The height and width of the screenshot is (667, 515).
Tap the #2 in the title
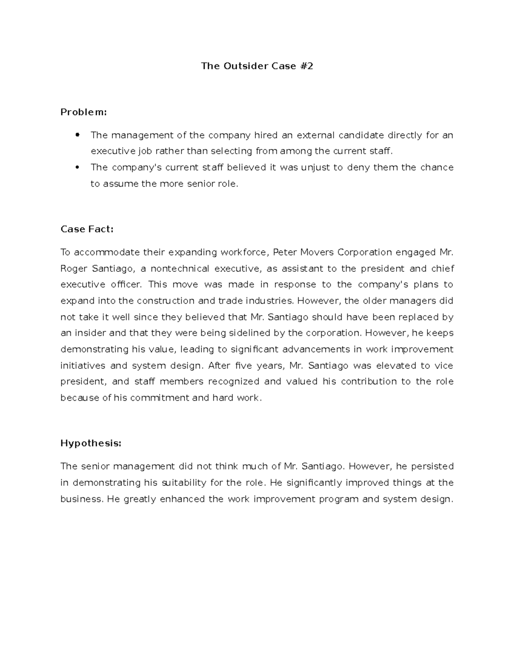(x=307, y=66)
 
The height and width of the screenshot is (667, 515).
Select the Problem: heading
(x=83, y=113)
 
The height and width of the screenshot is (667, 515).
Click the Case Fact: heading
(x=87, y=229)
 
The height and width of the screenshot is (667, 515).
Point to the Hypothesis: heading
(x=91, y=443)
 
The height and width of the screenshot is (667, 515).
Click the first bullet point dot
(x=77, y=135)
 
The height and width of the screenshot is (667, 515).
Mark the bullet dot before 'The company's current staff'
(x=77, y=168)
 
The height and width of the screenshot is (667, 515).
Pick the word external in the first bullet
(x=315, y=135)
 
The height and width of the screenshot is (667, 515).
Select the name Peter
(x=285, y=252)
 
